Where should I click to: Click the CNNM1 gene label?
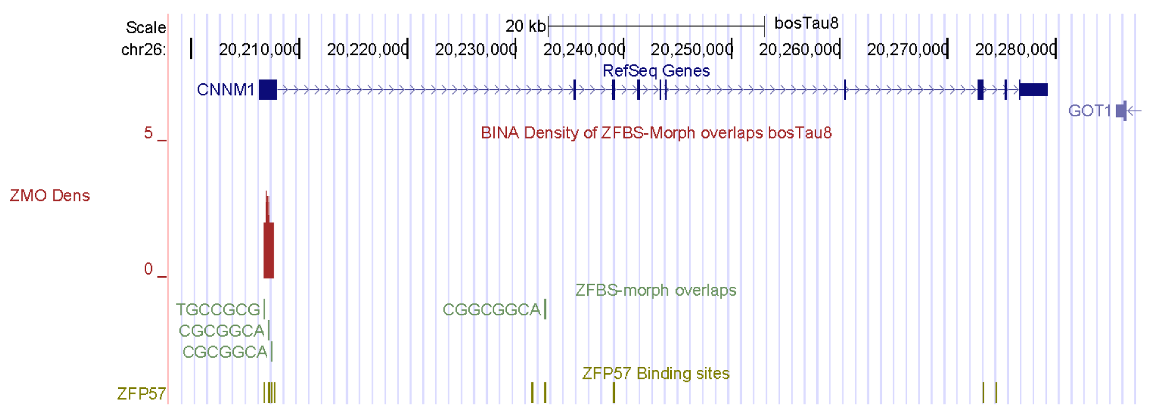225,90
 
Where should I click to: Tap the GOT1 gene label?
1089,111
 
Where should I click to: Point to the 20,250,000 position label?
691,49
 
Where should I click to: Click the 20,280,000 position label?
1015,49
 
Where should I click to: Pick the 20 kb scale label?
525,26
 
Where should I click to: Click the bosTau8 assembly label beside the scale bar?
806,23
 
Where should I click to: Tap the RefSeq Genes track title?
656,71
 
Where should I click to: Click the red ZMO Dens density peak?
268,249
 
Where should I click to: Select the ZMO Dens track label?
50,196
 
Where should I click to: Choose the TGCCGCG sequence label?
218,309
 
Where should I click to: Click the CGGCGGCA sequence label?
492,309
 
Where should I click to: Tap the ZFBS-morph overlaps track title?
655,290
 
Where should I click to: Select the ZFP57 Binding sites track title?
655,373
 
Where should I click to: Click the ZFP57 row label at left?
141,394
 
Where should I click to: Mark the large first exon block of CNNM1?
268,90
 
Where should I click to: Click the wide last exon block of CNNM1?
1033,90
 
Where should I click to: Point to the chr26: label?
143,50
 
